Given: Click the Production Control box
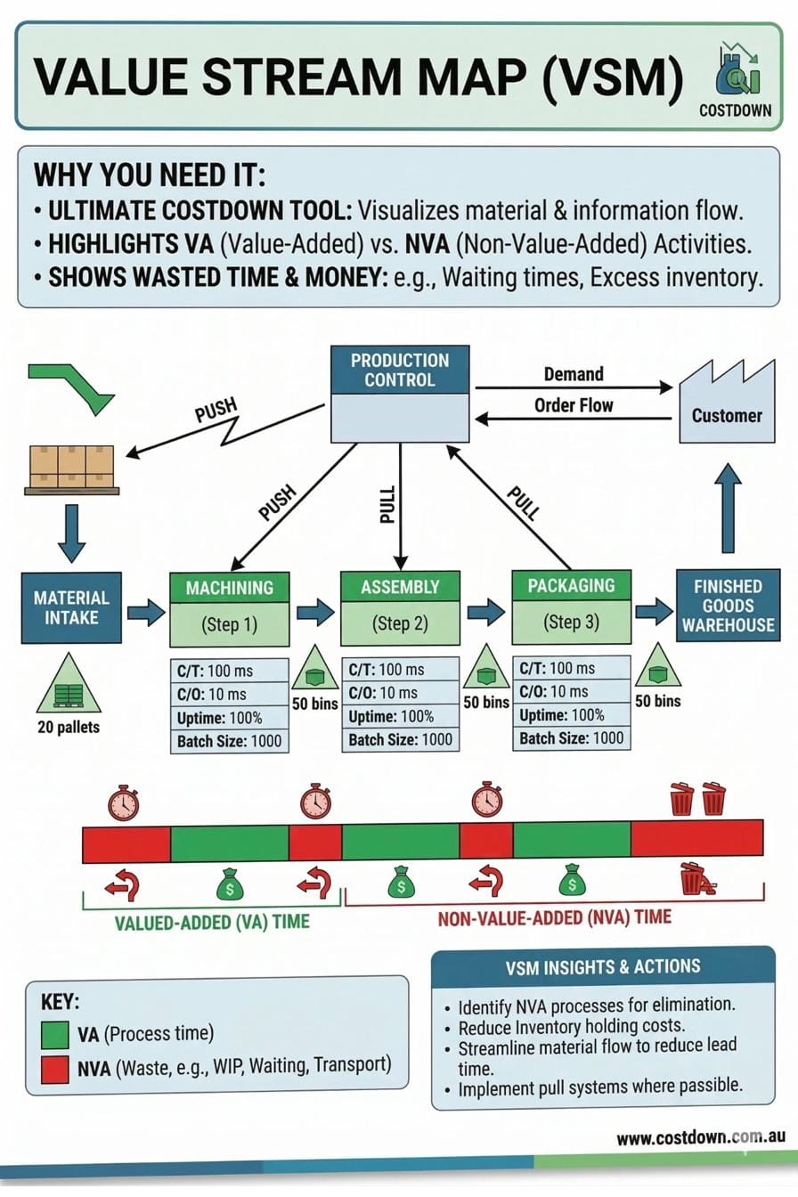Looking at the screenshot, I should pyautogui.click(x=400, y=394).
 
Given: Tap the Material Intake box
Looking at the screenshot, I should pyautogui.click(x=71, y=607).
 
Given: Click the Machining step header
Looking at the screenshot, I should pyautogui.click(x=229, y=588).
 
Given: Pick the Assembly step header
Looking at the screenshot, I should pyautogui.click(x=400, y=587).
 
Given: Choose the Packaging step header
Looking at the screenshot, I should pyautogui.click(x=571, y=585).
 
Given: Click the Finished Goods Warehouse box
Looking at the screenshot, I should pyautogui.click(x=728, y=606).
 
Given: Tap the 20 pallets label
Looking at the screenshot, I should pyautogui.click(x=68, y=727).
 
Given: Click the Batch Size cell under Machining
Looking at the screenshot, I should pyautogui.click(x=229, y=741).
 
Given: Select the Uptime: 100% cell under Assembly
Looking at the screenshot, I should pyautogui.click(x=400, y=716).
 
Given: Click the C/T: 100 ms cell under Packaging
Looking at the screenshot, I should pyautogui.click(x=571, y=668).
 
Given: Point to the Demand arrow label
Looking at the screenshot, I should pyautogui.click(x=573, y=374).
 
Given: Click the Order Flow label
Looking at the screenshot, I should pyautogui.click(x=573, y=405).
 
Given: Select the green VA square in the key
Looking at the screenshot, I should pyautogui.click(x=55, y=1035).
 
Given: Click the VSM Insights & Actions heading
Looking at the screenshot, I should pyautogui.click(x=602, y=966).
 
